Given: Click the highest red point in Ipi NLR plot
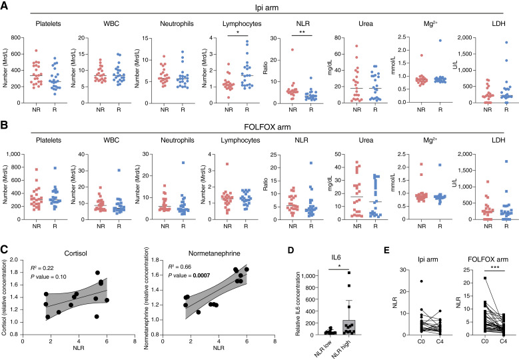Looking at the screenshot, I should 292,49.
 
